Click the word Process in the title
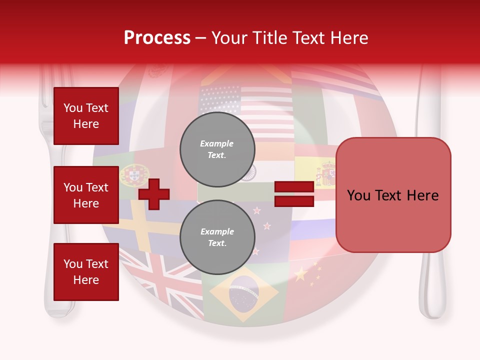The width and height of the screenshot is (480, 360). [157, 38]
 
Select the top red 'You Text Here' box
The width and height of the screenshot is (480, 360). [86, 116]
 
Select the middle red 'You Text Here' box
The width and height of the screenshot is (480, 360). [86, 195]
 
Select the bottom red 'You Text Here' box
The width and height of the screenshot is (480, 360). [86, 271]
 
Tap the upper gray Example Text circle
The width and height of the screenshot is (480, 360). [217, 149]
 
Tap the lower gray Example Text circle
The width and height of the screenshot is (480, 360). [217, 237]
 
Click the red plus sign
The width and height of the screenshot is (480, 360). [154, 193]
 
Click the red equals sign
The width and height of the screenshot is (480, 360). [294, 194]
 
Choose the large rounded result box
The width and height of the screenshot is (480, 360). [393, 195]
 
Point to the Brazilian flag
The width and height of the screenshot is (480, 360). [243, 294]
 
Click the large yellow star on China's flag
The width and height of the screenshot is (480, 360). [300, 274]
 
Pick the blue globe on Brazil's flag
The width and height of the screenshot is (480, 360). [243, 294]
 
